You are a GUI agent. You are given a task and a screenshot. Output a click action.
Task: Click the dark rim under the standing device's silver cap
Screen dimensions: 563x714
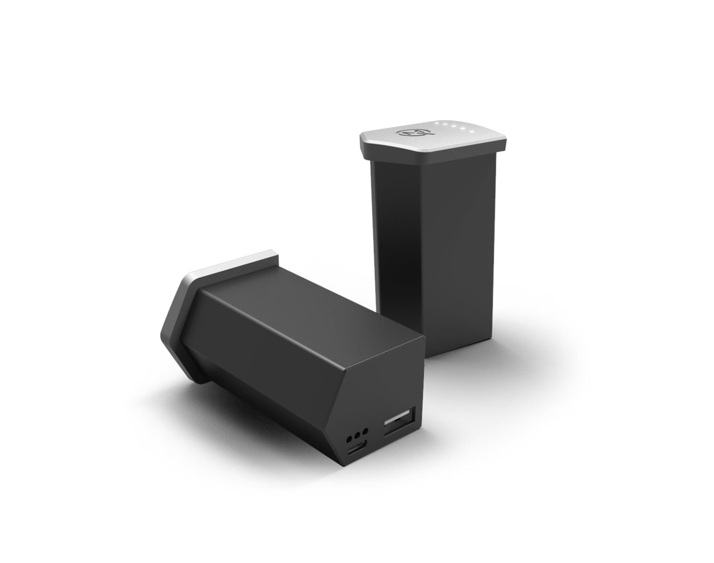pos(428,155)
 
